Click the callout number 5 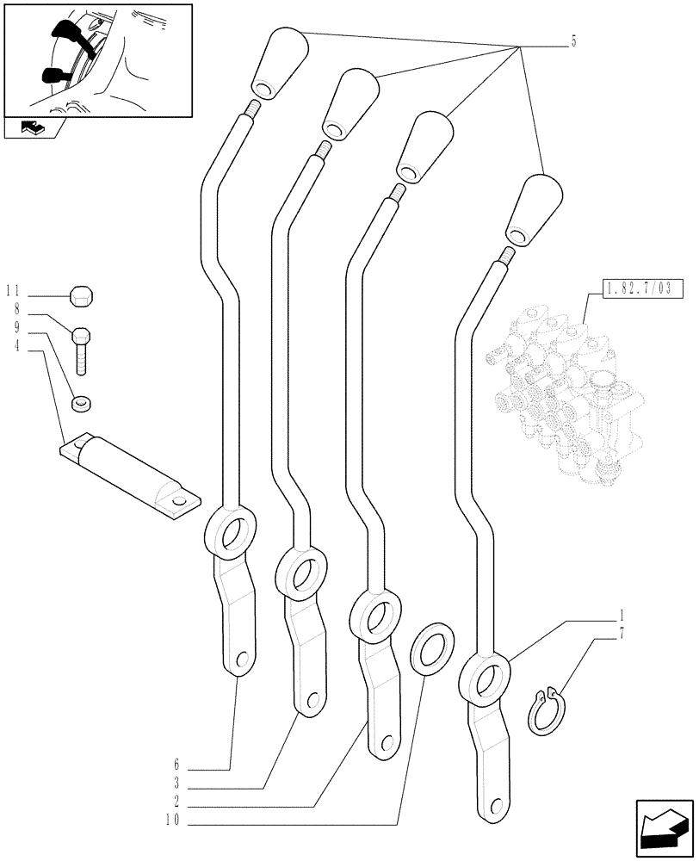(573, 42)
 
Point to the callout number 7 (622, 635)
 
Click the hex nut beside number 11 (81, 296)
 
